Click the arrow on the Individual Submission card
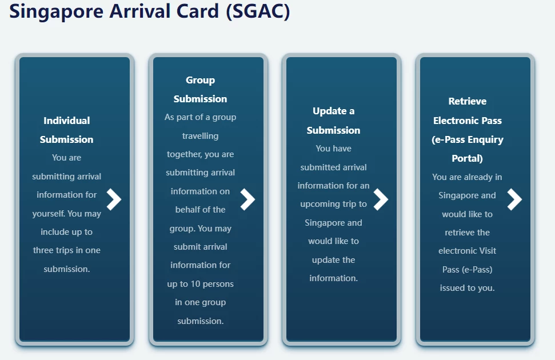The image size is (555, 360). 114,199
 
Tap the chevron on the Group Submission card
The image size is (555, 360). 247,199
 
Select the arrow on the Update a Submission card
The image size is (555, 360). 381,199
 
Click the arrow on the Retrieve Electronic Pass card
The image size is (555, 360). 514,199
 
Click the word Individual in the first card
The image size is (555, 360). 66,121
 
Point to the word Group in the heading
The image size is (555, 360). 201,81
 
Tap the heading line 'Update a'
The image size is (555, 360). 333,111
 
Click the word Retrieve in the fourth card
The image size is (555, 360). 467,101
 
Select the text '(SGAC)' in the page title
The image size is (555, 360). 258,11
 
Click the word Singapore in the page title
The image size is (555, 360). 57,11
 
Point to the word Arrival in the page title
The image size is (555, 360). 140,11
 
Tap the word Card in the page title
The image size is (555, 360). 198,11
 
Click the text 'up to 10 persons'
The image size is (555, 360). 201,284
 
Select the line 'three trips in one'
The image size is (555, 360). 66,250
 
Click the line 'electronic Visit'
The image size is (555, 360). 467,251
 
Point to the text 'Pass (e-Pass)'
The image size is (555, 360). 467,269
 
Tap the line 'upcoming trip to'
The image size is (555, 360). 333,204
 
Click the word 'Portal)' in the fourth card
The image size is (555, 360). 467,158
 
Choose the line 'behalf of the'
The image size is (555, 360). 201,210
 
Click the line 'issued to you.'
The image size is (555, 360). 467,288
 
